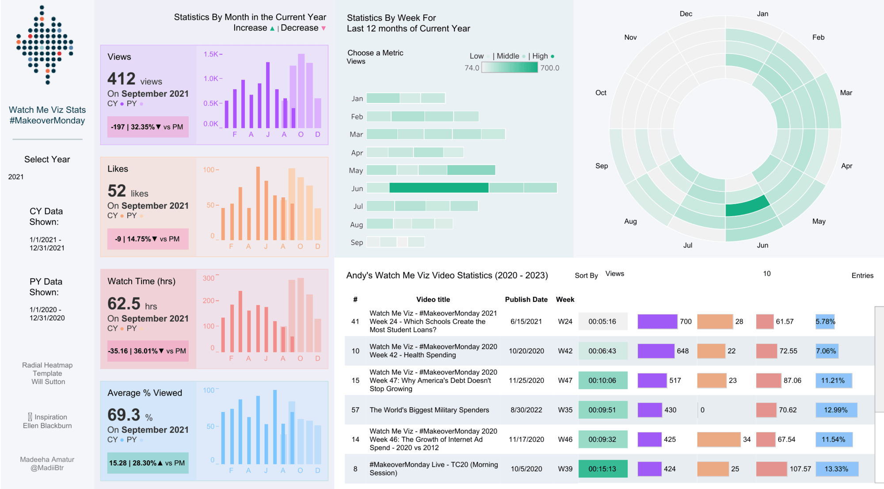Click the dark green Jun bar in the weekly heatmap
click(438, 188)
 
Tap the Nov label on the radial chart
click(630, 38)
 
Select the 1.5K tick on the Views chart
click(211, 54)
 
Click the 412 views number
click(122, 79)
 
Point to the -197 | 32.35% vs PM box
click(148, 127)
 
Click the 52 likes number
click(117, 191)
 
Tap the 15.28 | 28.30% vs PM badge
click(148, 463)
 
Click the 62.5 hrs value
click(124, 304)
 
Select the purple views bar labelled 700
click(657, 321)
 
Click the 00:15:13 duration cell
click(602, 469)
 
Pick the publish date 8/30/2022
click(526, 410)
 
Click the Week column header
click(565, 299)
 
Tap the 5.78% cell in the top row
click(825, 321)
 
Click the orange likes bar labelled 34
click(718, 439)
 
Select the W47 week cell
click(565, 380)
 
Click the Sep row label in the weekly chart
click(357, 242)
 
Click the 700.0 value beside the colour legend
click(549, 68)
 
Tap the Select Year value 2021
click(16, 177)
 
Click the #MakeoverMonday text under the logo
click(47, 121)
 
